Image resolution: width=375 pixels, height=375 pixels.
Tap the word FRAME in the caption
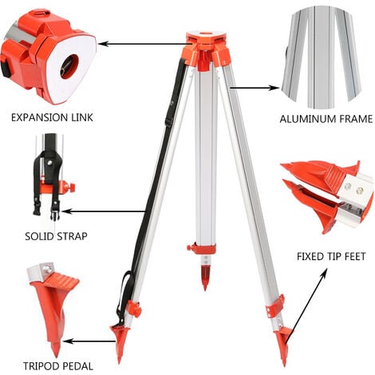pyautogui.click(x=354, y=120)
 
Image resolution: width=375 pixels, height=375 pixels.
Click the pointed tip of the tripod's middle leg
pyautogui.click(x=205, y=282)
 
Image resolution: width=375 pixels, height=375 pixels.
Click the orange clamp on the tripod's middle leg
pyautogui.click(x=202, y=248)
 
